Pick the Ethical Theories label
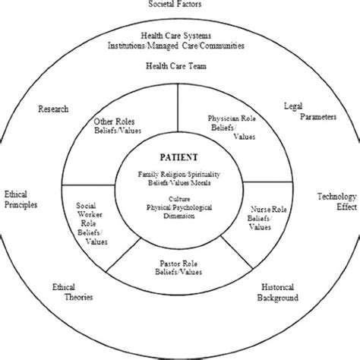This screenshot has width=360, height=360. pyautogui.click(x=74, y=292)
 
